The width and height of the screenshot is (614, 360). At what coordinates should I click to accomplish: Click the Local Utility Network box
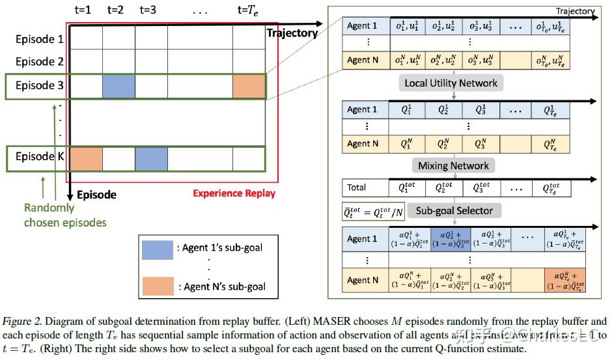click(451, 83)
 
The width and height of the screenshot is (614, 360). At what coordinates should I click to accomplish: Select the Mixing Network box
click(453, 165)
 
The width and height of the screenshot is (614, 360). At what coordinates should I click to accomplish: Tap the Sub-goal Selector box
click(454, 210)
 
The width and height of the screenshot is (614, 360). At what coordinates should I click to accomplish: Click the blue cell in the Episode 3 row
click(119, 87)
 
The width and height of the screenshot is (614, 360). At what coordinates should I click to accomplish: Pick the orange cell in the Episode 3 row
click(249, 87)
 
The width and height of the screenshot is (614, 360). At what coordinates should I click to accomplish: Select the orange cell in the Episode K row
click(86, 158)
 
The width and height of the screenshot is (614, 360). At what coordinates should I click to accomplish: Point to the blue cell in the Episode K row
click(151, 158)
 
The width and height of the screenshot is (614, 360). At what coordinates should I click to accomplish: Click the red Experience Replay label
click(234, 193)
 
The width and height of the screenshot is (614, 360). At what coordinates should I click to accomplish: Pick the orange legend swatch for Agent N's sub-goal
click(157, 286)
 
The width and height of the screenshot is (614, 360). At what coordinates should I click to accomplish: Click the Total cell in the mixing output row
click(356, 187)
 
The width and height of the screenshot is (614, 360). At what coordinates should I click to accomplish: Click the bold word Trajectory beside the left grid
click(292, 33)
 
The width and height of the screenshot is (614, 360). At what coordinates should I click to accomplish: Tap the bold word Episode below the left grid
click(96, 195)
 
